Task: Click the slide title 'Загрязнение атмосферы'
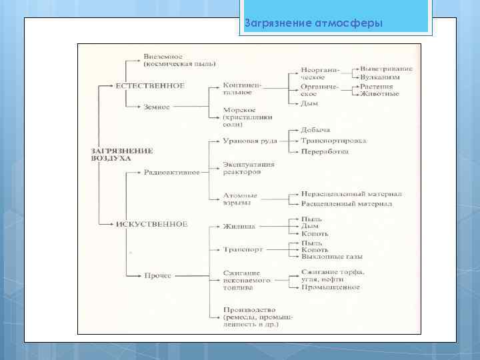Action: tap(313, 24)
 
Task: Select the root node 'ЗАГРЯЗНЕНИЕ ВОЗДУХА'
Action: tap(121, 155)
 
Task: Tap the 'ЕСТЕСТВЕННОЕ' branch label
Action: tap(151, 86)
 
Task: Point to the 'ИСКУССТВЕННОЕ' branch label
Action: tap(153, 225)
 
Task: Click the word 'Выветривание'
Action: tap(387, 69)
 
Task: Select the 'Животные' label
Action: tap(379, 94)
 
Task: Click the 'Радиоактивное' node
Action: tap(171, 173)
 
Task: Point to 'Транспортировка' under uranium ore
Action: tap(333, 141)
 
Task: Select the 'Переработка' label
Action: tap(325, 152)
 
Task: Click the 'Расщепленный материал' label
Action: tap(346, 203)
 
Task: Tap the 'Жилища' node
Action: tap(239, 227)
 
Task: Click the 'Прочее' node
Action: tap(157, 275)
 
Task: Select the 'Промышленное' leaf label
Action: tap(330, 287)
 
